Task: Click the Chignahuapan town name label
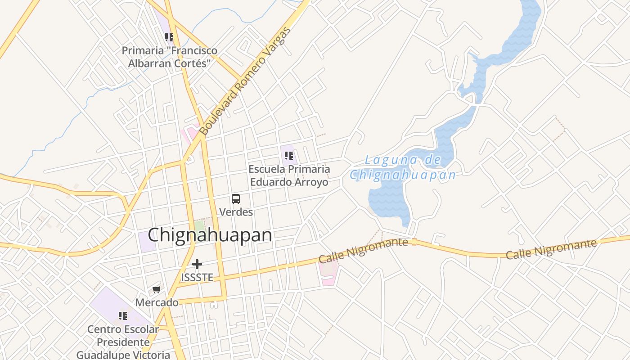coord(210,235)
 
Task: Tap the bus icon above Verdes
coord(235,198)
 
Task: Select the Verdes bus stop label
coord(236,211)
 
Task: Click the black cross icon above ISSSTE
coord(197,264)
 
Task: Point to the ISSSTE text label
coord(197,277)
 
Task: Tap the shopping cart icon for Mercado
coord(156,289)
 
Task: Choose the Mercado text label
coord(157,302)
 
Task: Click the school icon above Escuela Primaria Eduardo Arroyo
coord(289,156)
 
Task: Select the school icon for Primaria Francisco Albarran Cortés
coord(169,37)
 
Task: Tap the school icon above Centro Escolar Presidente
coord(122,316)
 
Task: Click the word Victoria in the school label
coord(148,355)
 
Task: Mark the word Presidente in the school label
coord(123,342)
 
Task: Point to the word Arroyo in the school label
coord(310,182)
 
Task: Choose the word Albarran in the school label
coord(148,63)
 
